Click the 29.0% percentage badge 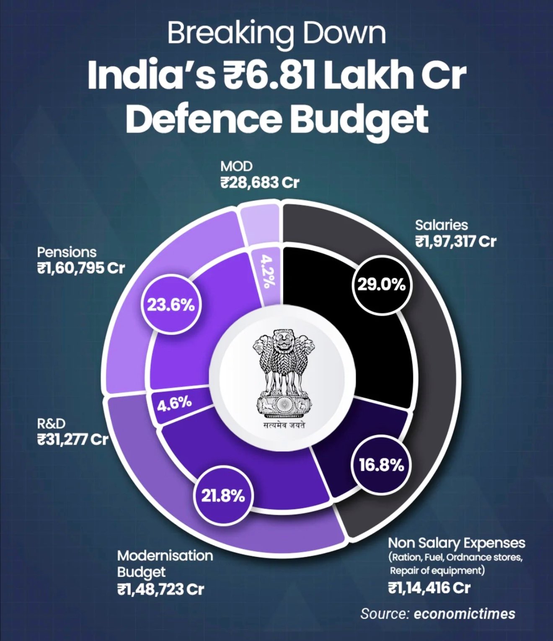381,285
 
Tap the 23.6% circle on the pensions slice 171,305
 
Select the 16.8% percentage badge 381,465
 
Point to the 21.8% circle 223,496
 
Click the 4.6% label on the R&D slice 174,404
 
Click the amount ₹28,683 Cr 260,183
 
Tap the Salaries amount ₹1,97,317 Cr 456,242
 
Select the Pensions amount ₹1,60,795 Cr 81,268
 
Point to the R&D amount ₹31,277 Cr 72,440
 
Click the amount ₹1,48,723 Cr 160,590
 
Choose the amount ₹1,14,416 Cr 429,588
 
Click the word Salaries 441,225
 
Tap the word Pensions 67,252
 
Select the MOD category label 236,167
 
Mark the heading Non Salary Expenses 456,543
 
